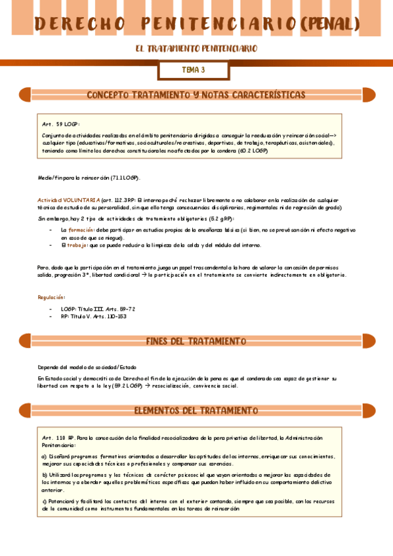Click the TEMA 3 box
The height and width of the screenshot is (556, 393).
pyautogui.click(x=194, y=69)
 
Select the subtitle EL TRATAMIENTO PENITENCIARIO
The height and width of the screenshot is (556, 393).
pyautogui.click(x=196, y=49)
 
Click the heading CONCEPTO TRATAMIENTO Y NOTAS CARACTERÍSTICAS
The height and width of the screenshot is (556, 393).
pyautogui.click(x=196, y=95)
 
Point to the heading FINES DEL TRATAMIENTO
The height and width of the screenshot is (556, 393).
pyautogui.click(x=196, y=342)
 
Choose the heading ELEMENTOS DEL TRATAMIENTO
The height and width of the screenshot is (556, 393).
pyautogui.click(x=196, y=411)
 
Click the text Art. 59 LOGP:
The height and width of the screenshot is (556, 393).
pyautogui.click(x=61, y=123)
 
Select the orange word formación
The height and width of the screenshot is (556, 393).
pyautogui.click(x=82, y=230)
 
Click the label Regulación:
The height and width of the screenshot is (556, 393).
pyautogui.click(x=51, y=297)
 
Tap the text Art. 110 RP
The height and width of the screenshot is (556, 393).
pyautogui.click(x=58, y=437)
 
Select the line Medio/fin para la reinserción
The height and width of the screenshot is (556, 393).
pyautogui.click(x=90, y=178)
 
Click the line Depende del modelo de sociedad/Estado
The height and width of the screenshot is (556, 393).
pyautogui.click(x=87, y=367)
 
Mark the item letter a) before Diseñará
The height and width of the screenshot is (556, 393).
pyautogui.click(x=44, y=456)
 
